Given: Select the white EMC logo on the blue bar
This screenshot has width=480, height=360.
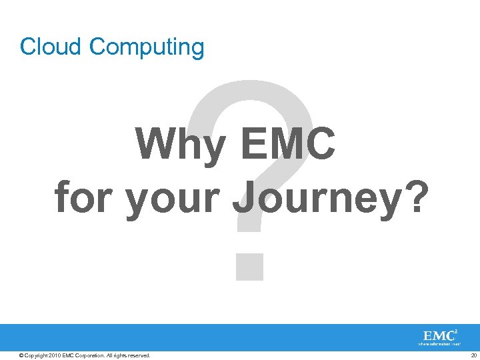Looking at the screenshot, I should coord(438,335).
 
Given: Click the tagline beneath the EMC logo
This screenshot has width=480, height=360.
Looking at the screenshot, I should coord(439,345).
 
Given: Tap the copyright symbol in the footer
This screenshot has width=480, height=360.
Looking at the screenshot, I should coord(22,355).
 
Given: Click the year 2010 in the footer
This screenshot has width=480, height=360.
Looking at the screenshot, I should coord(54,355).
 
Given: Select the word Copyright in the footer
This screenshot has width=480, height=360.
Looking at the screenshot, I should coord(36,355).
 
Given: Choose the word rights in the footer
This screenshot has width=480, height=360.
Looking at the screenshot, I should coord(119,355).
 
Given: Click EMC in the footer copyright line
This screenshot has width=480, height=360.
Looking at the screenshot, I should coord(68,355).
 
